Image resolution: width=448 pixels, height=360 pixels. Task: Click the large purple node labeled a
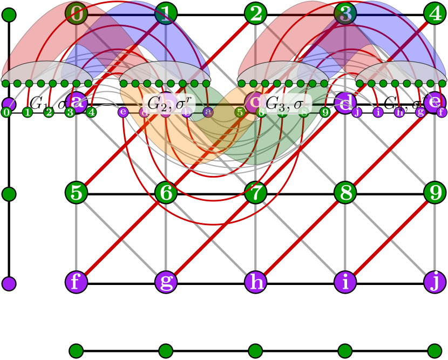point(76,102)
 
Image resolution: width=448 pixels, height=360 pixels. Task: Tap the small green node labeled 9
point(325,112)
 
